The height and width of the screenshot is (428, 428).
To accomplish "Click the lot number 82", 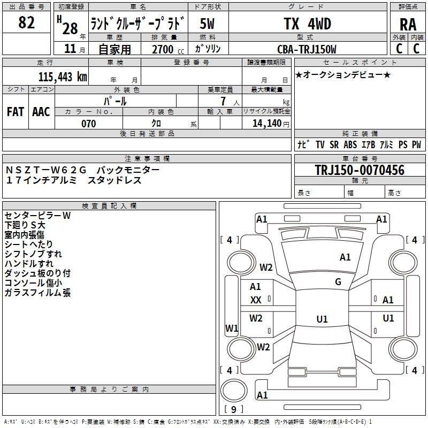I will tap(26, 23).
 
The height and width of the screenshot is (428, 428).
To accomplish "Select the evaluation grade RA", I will tap(408, 25).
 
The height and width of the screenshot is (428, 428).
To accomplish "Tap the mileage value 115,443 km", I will tap(63, 77).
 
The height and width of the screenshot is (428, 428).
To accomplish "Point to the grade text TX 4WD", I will tap(307, 24).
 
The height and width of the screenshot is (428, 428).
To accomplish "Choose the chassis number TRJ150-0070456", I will tap(360, 170).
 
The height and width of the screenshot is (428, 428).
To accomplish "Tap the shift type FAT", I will tap(16, 111).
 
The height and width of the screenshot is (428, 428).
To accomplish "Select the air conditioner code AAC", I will tap(41, 111).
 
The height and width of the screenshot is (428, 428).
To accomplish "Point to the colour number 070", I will tap(88, 124).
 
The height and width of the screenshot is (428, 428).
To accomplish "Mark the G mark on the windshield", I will tap(338, 281).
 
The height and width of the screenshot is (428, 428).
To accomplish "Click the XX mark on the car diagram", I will tap(256, 300).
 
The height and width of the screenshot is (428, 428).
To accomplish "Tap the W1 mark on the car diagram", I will tap(232, 327).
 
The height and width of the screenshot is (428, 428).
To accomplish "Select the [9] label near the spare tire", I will tap(233, 409).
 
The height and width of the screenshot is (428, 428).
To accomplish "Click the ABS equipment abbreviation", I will tap(350, 144).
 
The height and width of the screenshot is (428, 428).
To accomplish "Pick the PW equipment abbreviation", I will tap(416, 144).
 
